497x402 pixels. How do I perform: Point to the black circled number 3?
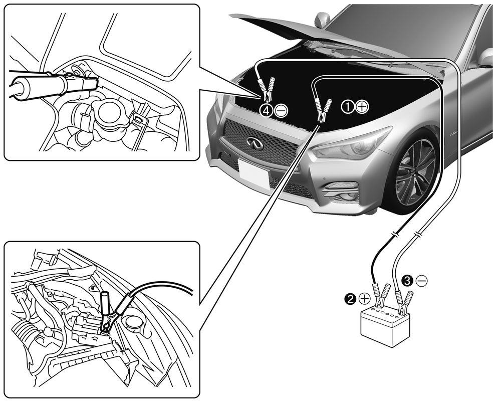pyautogui.click(x=409, y=281)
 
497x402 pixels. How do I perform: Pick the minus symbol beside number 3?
pyautogui.click(x=422, y=281)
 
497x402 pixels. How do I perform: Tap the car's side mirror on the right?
pyautogui.click(x=485, y=58)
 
